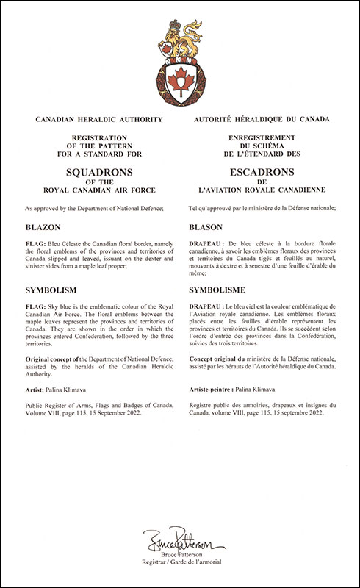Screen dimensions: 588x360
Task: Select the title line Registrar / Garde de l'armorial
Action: point(179,569)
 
